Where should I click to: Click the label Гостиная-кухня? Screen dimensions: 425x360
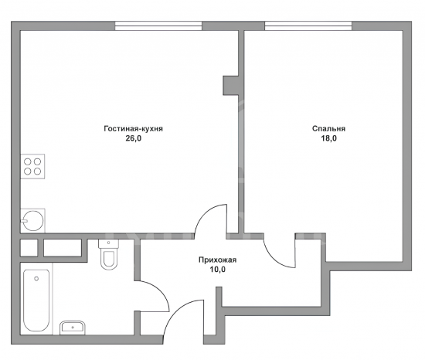tap(134, 128)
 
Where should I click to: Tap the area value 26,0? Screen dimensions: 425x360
tap(134, 138)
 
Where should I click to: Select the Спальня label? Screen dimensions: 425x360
tap(328, 128)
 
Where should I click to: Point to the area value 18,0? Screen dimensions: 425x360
tap(328, 138)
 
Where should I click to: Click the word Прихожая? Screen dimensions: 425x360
tap(217, 260)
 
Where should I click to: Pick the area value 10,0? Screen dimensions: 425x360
tap(217, 270)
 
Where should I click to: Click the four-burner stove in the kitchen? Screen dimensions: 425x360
tap(32, 167)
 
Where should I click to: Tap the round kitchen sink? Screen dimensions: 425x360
tap(32, 220)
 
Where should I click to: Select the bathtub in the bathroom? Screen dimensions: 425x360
tap(36, 301)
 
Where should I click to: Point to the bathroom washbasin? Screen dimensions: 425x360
tap(73, 328)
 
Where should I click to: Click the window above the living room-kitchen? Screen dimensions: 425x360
tap(158, 25)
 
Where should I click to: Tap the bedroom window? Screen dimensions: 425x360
tap(308, 25)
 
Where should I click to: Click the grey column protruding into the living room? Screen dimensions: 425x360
tap(231, 85)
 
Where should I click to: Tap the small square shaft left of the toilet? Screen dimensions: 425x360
tap(29, 247)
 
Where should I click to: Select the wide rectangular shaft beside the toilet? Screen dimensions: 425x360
tap(63, 247)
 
